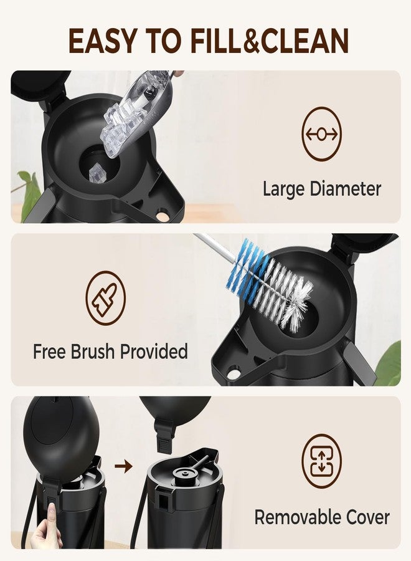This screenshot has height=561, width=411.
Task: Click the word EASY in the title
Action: (102, 41)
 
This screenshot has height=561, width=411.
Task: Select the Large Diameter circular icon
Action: (322, 134)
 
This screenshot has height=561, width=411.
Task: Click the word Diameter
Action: (346, 188)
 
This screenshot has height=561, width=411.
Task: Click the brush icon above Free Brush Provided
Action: (106, 298)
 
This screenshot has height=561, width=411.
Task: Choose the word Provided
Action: (154, 352)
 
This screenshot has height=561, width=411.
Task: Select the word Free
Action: (49, 352)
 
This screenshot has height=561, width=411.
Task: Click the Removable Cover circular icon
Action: (322, 461)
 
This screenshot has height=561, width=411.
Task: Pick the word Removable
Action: (294, 517)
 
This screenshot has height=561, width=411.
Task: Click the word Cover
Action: (364, 518)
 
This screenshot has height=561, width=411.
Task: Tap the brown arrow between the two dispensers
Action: (124, 466)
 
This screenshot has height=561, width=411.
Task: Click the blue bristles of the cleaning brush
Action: (247, 264)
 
